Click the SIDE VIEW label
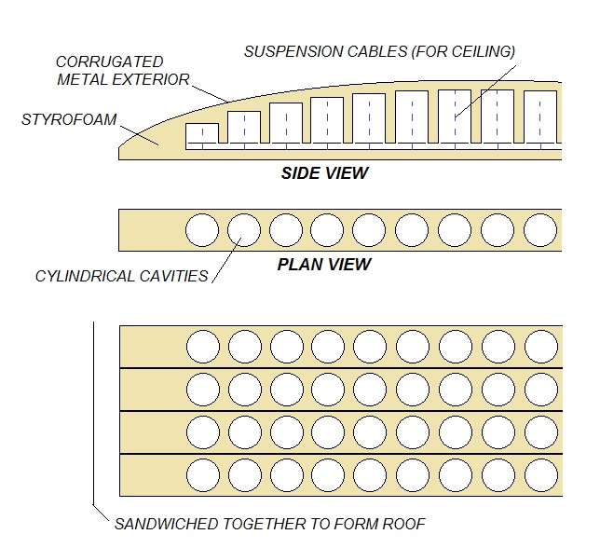tap(324, 173)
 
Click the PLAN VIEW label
tap(324, 265)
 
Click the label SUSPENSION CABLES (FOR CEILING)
tap(379, 52)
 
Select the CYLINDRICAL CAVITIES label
tap(122, 277)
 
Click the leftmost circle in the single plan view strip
tap(202, 229)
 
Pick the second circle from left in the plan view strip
tap(244, 229)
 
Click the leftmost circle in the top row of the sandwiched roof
tap(202, 347)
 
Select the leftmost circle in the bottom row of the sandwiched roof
tap(202, 474)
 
